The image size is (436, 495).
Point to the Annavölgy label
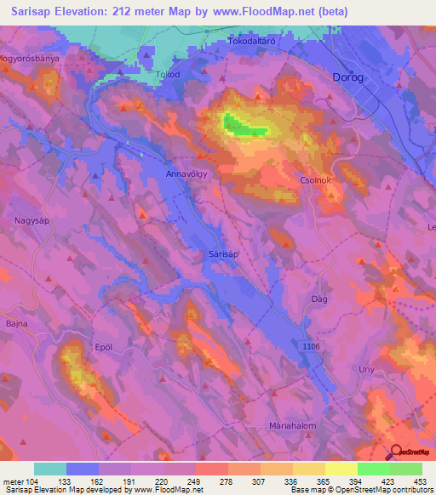pos(187,174)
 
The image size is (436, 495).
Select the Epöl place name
pos(103,346)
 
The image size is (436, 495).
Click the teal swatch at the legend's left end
pos(50,469)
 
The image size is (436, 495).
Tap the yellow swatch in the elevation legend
pos(341,469)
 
